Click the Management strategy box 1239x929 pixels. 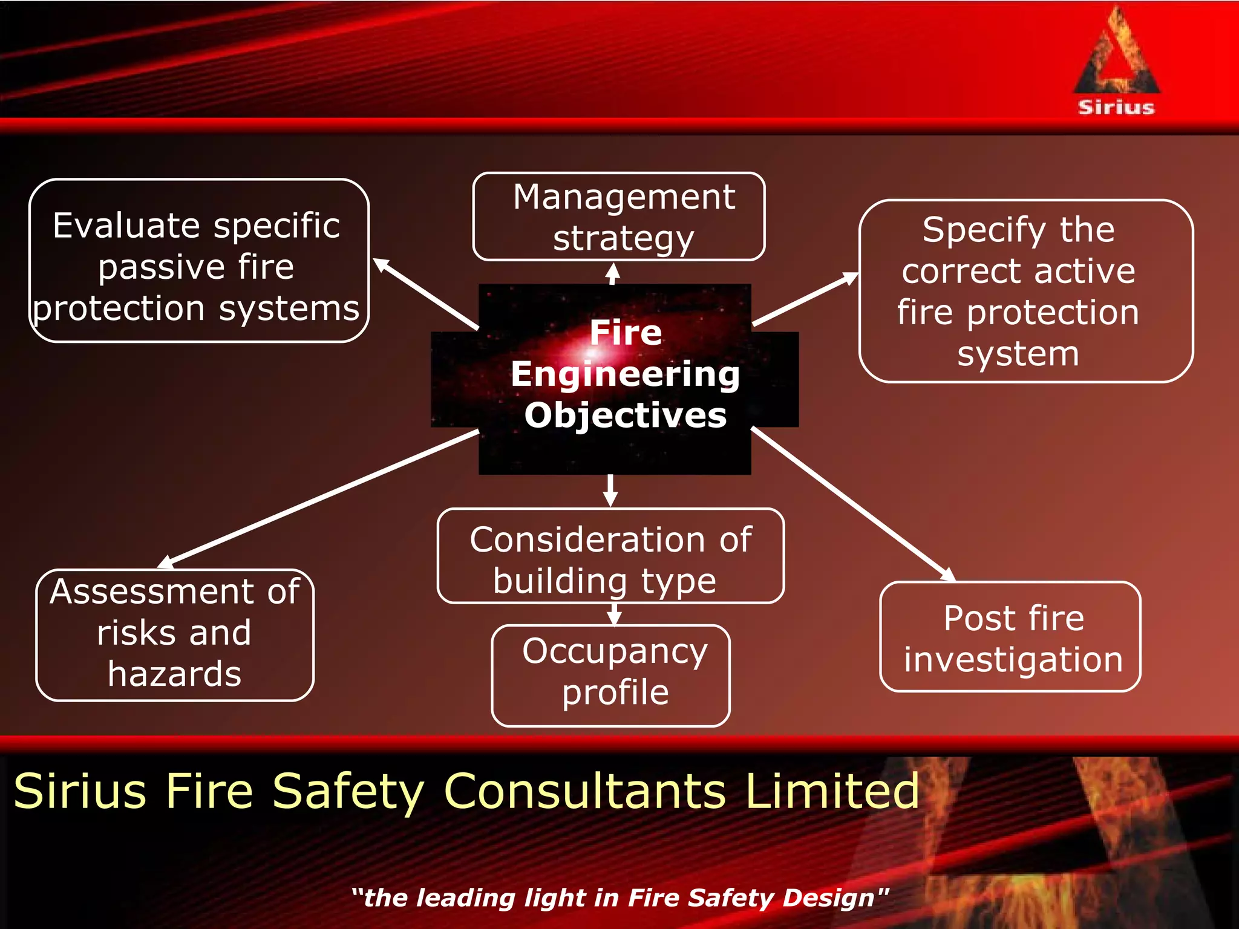coord(618,217)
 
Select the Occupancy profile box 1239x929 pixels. coord(610,675)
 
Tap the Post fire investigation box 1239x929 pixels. coord(1010,637)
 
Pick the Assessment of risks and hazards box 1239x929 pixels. coord(175,635)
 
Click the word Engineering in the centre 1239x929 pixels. coord(625,374)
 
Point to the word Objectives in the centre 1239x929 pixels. coord(625,416)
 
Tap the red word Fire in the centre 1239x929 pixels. coord(626,333)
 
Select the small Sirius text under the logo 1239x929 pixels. coord(1116,108)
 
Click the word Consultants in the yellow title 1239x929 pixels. coord(584,791)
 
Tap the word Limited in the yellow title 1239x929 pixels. coord(832,791)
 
